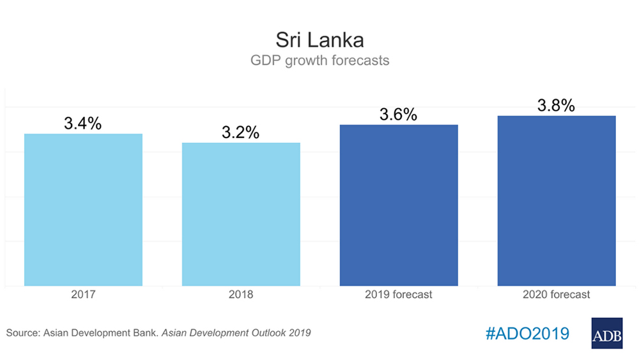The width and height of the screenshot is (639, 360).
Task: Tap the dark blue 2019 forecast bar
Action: tap(399, 205)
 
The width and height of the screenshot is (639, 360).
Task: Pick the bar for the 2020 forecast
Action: tap(557, 201)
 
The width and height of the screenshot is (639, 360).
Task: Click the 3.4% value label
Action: tap(82, 123)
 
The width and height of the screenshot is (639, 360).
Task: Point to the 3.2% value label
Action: tap(240, 132)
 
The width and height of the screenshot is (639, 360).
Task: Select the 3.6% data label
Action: tap(398, 114)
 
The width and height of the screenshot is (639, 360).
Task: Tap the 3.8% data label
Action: tap(556, 106)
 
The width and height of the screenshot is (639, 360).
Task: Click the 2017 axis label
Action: tap(83, 295)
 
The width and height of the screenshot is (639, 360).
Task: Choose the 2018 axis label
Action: tap(241, 295)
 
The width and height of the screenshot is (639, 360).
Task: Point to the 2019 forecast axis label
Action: tap(399, 295)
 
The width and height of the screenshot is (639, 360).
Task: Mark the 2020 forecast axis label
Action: tap(557, 295)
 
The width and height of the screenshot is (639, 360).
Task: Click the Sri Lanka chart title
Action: tap(319, 40)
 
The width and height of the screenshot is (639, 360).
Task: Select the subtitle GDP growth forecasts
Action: tap(319, 61)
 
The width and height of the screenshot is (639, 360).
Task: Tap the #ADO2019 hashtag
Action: tap(527, 333)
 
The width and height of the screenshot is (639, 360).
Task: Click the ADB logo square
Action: tap(607, 333)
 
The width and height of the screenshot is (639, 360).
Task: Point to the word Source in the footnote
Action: tap(21, 333)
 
